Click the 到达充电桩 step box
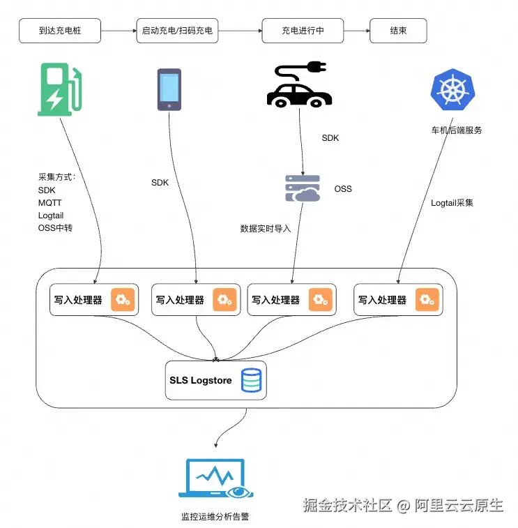tap(59, 31)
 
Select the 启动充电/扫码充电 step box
tap(177, 31)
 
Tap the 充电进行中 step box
tap(303, 31)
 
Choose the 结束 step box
tap(398, 31)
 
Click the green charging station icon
tap(61, 89)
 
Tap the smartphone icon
tap(169, 89)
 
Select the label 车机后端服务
tap(457, 130)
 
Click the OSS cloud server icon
tap(303, 189)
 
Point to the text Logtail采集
tap(452, 203)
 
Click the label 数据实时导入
tap(266, 228)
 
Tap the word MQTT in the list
tap(50, 203)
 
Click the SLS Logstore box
tap(216, 380)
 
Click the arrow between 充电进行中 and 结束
tap(356, 31)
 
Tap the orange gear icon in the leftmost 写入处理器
tap(123, 300)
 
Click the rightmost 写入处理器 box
tap(397, 300)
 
